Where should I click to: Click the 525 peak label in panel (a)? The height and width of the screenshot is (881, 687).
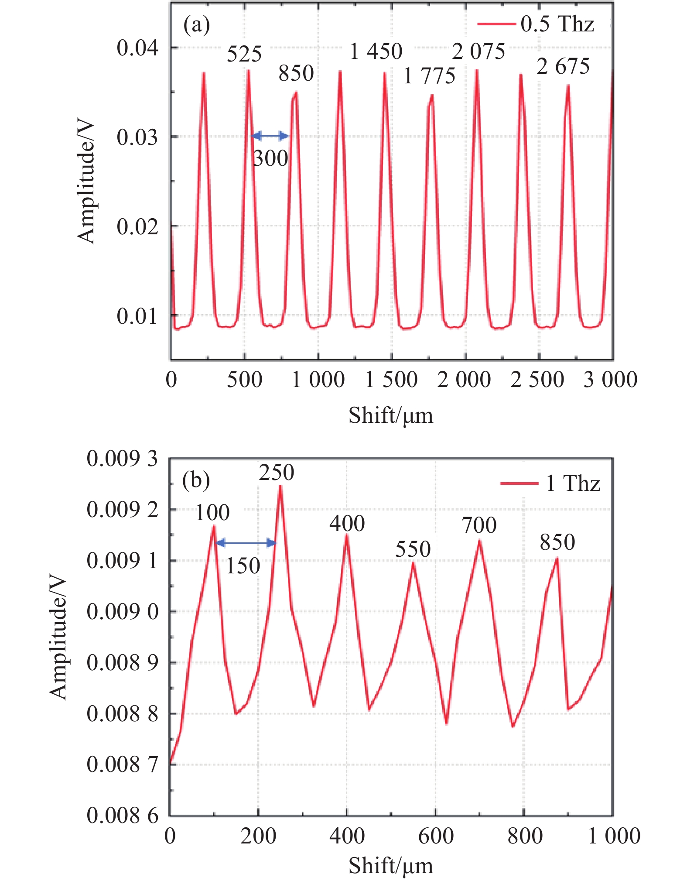244,55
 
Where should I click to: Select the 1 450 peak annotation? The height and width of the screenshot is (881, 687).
376,52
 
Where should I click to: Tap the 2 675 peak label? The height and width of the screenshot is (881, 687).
563,67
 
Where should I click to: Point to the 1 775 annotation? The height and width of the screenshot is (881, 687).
429,76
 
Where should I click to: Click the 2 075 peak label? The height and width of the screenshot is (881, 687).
479,52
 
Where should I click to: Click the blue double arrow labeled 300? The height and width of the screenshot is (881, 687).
270,136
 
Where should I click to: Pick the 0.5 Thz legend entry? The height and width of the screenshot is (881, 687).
536,24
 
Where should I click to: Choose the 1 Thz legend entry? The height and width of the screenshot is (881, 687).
550,483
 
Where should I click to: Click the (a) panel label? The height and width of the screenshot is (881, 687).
196,25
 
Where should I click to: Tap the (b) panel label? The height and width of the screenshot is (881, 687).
196,480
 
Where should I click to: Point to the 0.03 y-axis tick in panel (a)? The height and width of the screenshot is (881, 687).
137,137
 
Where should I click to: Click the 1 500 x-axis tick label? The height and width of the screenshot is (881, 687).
391,380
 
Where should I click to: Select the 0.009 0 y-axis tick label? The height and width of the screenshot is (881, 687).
122,611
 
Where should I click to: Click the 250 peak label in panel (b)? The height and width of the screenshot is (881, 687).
277,473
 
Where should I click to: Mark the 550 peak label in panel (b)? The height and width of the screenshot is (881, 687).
413,549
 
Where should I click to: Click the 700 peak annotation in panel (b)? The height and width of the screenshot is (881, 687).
479,525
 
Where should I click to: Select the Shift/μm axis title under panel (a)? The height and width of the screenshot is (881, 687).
390,415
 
